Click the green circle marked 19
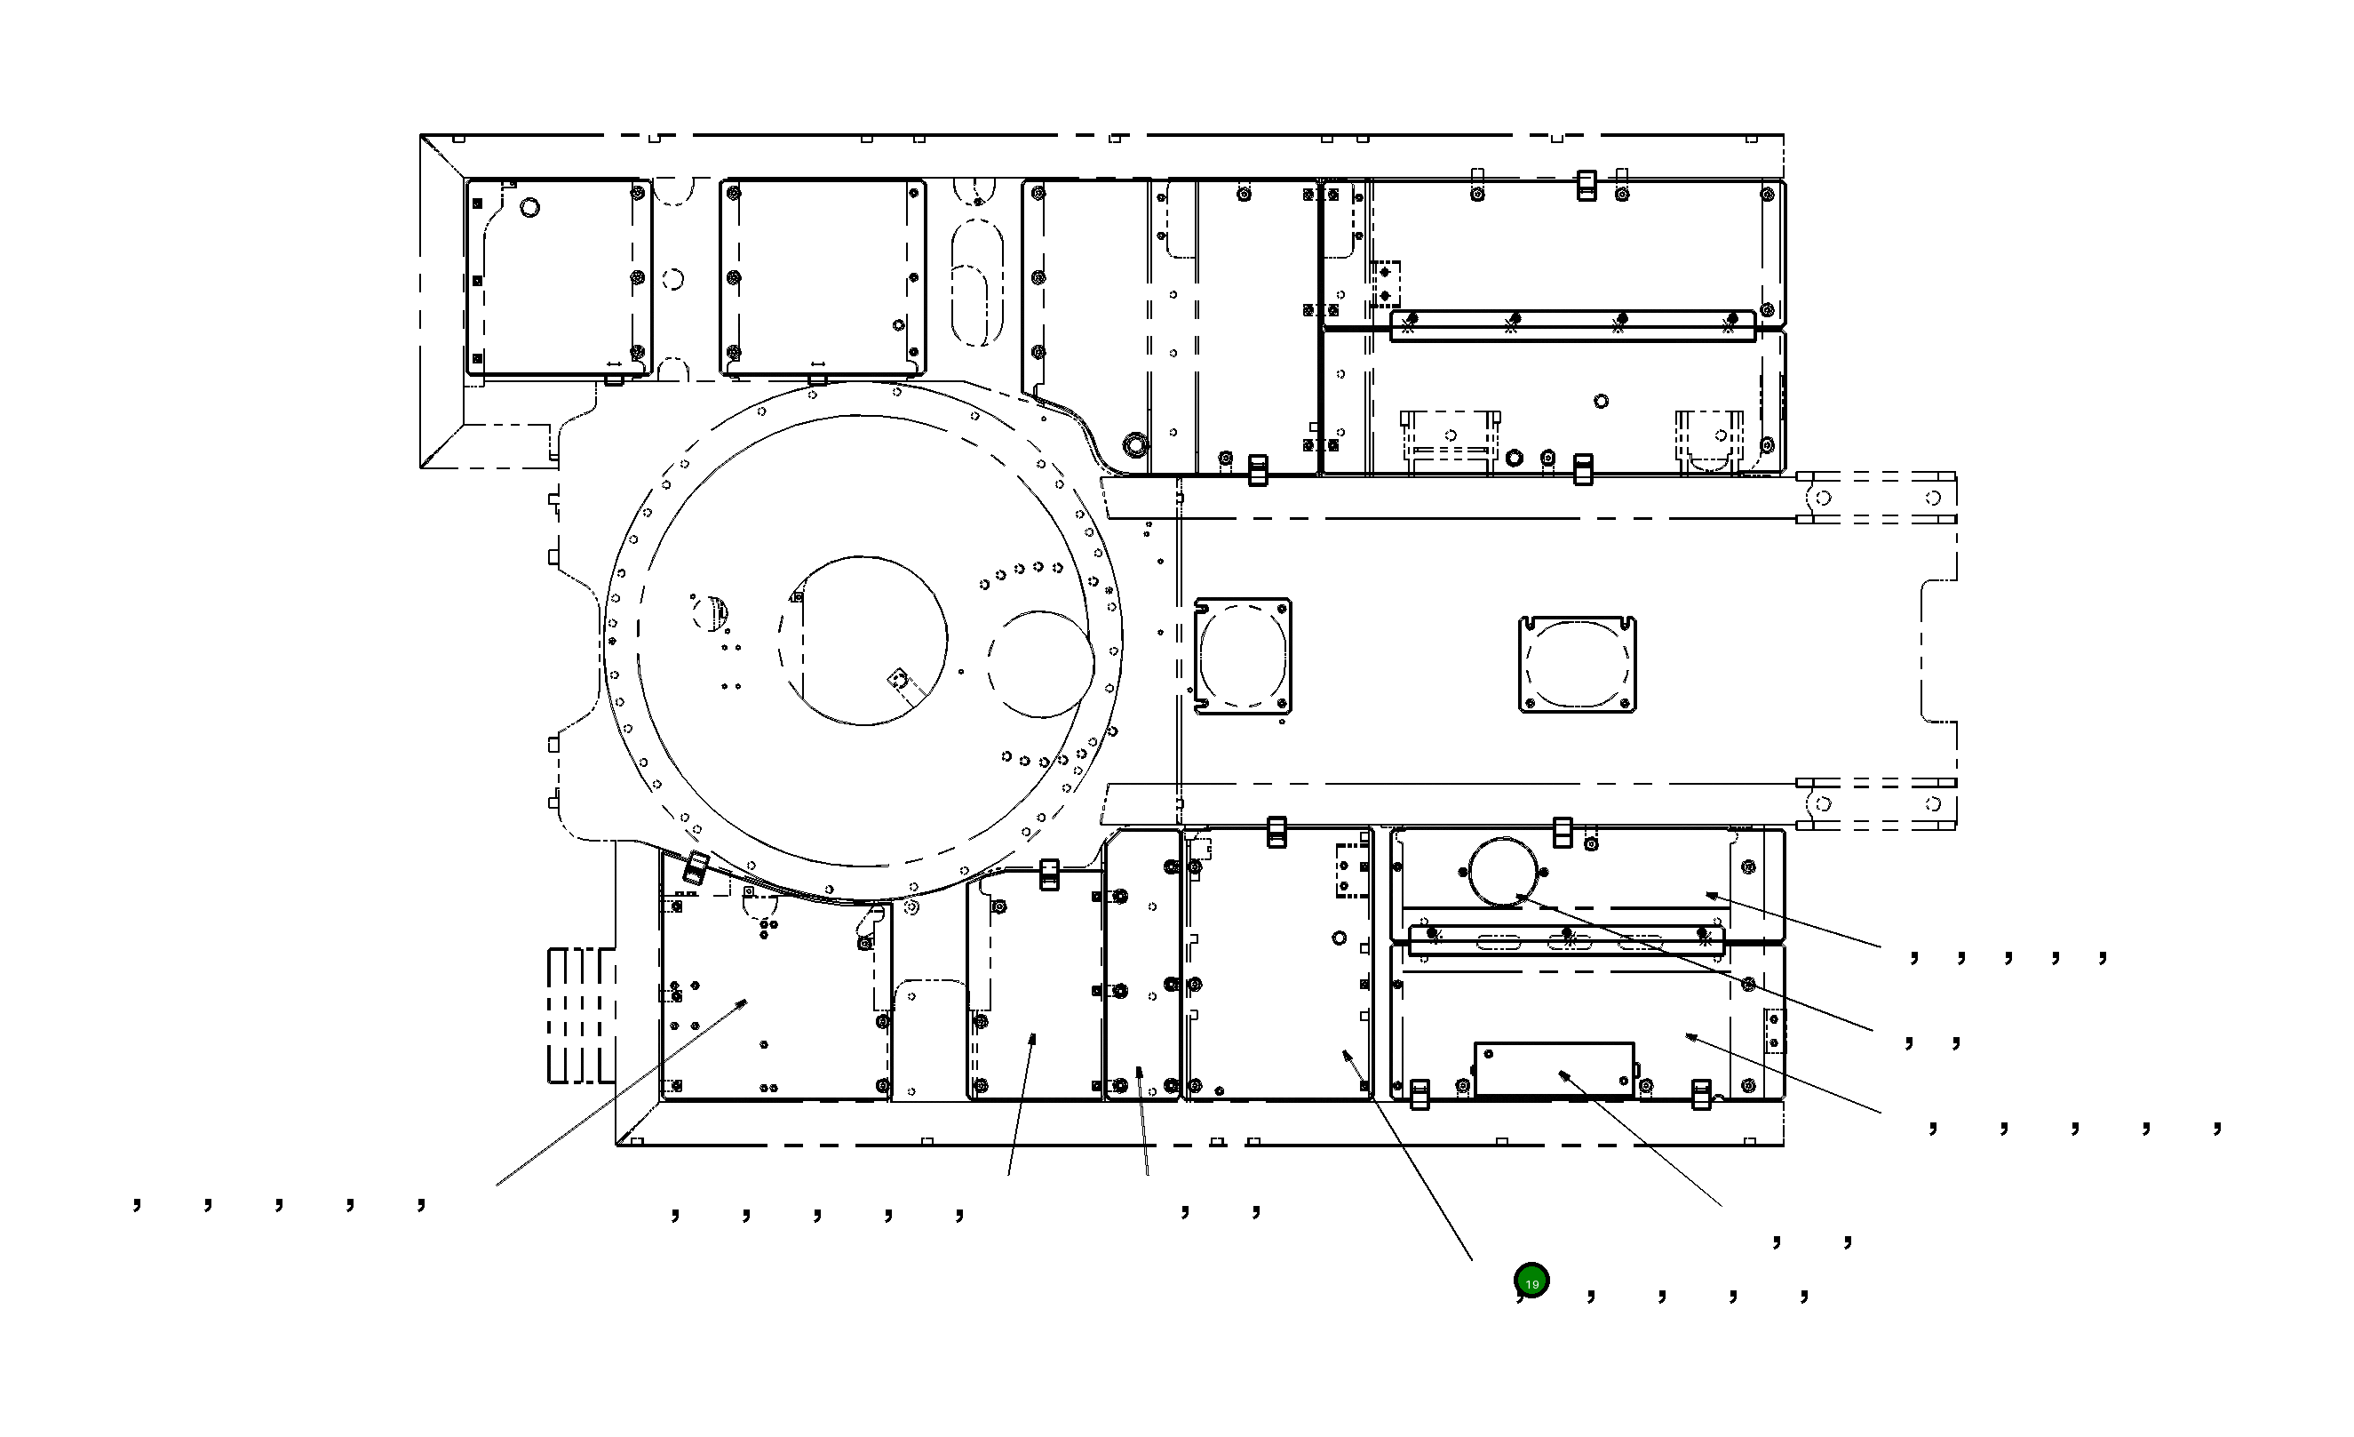[x=1531, y=1281]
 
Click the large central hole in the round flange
[x=862, y=640]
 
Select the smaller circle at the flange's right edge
[x=1040, y=664]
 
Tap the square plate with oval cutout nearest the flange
[x=1243, y=657]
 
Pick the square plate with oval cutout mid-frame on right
[x=1578, y=664]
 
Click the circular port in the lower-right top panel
[x=1506, y=870]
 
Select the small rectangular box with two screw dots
[x=1555, y=1069]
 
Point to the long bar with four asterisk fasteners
[x=1572, y=325]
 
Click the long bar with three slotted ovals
[x=1567, y=941]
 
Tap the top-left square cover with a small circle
[x=559, y=277]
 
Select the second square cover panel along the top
[x=823, y=277]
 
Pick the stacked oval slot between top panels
[x=977, y=282]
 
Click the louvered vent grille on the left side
[x=580, y=1015]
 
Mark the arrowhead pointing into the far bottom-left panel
[x=744, y=1002]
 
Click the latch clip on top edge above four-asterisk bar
[x=1586, y=186]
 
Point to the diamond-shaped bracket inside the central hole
[x=898, y=678]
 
